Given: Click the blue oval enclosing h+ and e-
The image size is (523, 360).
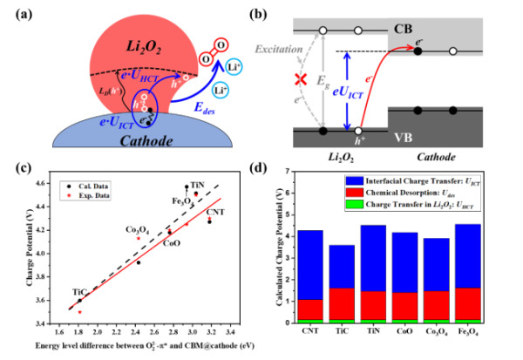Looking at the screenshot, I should (x=142, y=111).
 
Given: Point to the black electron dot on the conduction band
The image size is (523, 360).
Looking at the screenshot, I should (x=418, y=51).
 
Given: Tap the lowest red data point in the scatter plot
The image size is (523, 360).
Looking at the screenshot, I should (x=79, y=309).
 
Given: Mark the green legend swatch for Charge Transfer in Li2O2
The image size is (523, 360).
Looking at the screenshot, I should (x=353, y=204).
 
